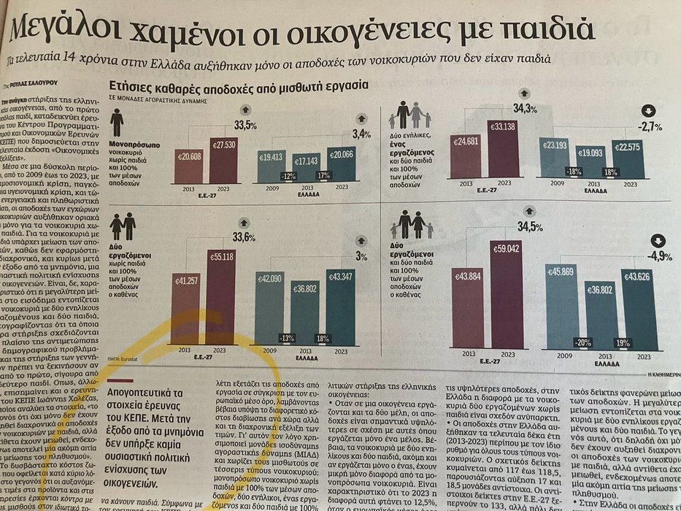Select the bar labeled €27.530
tap(224, 159)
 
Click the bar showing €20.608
tap(189, 166)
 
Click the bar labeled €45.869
tap(565, 307)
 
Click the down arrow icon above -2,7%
tap(647, 111)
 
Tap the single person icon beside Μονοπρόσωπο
tap(116, 122)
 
